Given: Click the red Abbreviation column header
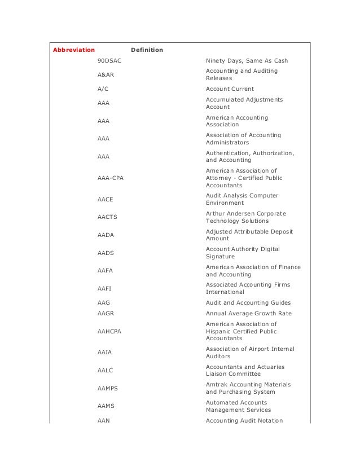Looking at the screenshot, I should pyautogui.click(x=73, y=50).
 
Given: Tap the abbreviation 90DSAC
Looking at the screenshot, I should pyautogui.click(x=109, y=60).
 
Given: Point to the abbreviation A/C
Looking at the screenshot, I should pyautogui.click(x=103, y=89).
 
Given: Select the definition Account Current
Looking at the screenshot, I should pyautogui.click(x=230, y=89).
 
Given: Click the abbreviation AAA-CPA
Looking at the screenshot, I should pyautogui.click(x=111, y=178).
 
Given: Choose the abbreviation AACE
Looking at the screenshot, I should pyautogui.click(x=106, y=199).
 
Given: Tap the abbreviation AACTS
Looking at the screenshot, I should pyautogui.click(x=107, y=217).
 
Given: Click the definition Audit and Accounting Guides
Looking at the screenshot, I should pyautogui.click(x=248, y=302).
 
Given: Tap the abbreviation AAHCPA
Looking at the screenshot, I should pyautogui.click(x=109, y=331).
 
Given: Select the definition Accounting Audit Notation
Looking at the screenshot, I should pyautogui.click(x=244, y=420).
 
